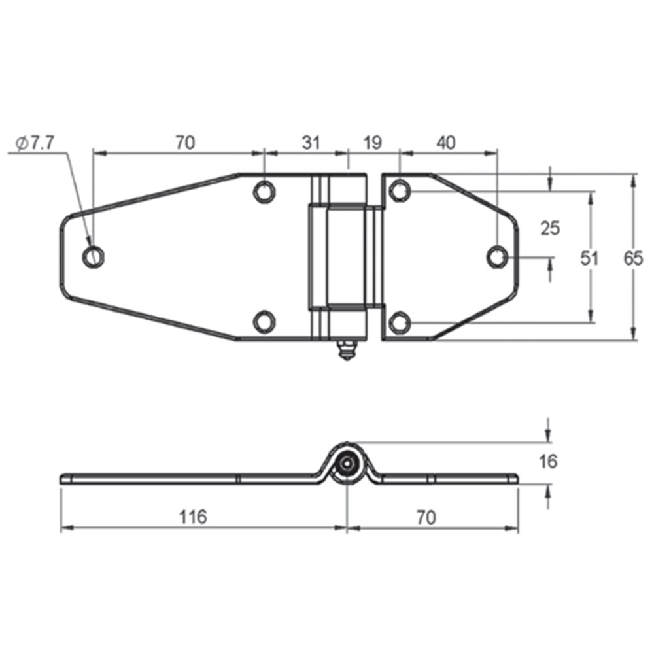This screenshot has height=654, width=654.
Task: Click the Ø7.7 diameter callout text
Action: tap(35, 143)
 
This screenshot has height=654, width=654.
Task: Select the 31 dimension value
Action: tap(311, 143)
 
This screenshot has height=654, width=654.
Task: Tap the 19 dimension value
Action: tap(373, 143)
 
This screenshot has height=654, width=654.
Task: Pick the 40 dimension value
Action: tap(446, 143)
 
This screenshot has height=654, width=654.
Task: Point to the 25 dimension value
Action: tap(550, 228)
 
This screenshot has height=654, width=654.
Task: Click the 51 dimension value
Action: tap(589, 258)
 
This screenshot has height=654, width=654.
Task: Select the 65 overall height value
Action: tap(633, 258)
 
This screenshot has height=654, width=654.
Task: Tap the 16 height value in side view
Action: tap(548, 462)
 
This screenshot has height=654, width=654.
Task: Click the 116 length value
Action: tap(193, 517)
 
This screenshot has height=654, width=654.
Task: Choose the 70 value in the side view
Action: tap(426, 518)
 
